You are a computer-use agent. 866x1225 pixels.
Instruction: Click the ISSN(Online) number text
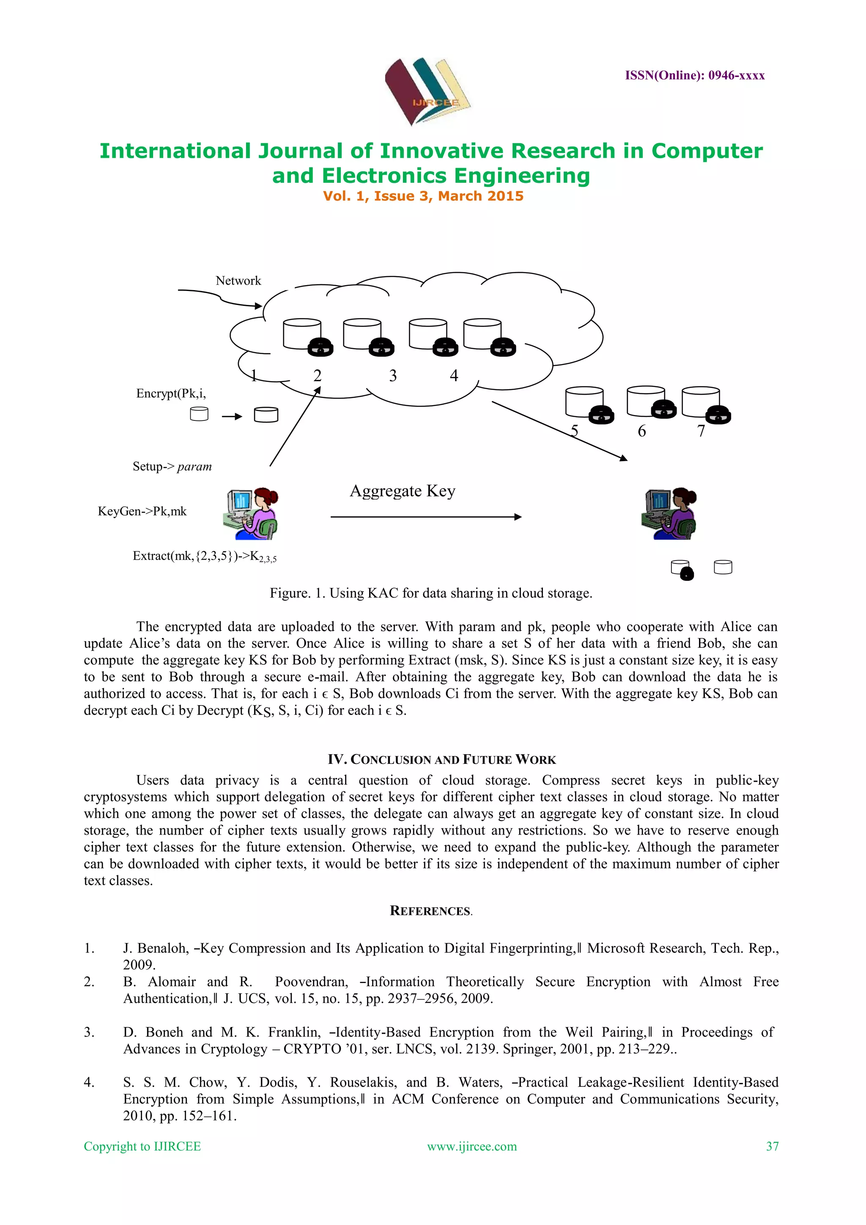click(x=694, y=75)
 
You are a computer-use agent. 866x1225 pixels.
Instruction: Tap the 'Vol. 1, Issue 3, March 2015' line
click(x=423, y=196)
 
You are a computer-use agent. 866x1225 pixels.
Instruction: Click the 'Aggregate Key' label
click(x=403, y=491)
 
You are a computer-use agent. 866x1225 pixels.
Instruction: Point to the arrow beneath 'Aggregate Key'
click(x=425, y=516)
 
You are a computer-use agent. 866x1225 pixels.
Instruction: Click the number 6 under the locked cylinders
click(x=641, y=431)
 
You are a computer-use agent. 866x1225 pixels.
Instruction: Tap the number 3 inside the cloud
click(x=393, y=376)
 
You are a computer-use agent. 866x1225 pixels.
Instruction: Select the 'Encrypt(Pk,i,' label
click(x=171, y=394)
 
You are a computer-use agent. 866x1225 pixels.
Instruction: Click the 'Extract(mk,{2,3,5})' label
click(x=204, y=557)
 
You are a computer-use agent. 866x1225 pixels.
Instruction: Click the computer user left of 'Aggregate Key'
click(x=251, y=513)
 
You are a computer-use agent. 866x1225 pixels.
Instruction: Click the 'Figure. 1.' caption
click(x=431, y=593)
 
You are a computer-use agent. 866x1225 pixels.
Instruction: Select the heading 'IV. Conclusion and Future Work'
click(x=441, y=759)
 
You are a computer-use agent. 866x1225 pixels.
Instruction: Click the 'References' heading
click(x=430, y=911)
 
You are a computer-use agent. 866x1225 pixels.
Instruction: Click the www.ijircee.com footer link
click(x=472, y=1147)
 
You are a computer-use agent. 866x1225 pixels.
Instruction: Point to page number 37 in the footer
click(x=772, y=1147)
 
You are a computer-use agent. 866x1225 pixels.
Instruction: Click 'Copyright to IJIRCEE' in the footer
click(x=143, y=1147)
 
